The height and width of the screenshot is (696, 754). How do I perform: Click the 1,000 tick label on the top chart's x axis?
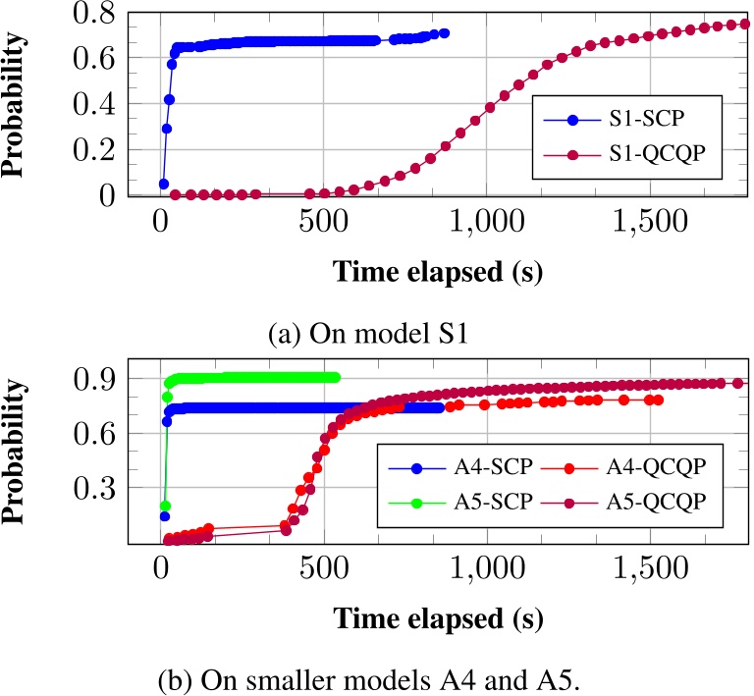click(486, 226)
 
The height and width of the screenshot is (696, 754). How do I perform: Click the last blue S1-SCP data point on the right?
click(444, 33)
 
